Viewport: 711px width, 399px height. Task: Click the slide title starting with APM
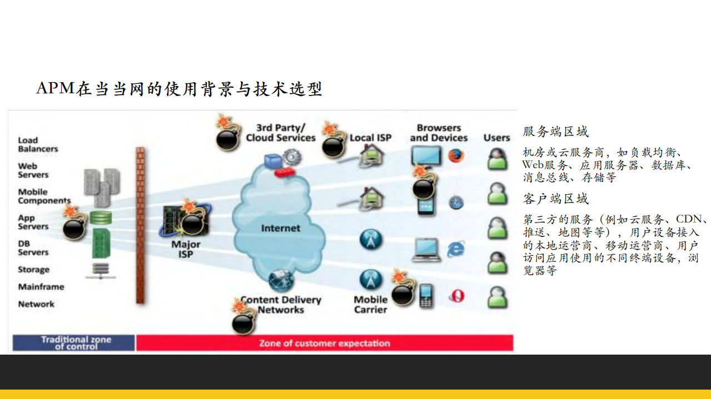point(179,88)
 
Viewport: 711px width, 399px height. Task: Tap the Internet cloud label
point(280,228)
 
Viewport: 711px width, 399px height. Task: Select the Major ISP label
point(186,249)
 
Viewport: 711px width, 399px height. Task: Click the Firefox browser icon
point(456,156)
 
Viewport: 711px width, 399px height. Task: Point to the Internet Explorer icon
point(456,249)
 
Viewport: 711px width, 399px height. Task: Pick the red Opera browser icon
point(456,296)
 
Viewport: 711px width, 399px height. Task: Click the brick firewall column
point(140,225)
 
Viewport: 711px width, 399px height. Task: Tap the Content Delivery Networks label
point(281,305)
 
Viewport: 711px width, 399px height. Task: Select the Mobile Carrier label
point(370,305)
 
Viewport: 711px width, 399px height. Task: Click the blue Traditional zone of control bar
point(74,343)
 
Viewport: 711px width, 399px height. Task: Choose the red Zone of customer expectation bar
point(324,343)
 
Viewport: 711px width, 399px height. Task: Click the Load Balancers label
point(38,144)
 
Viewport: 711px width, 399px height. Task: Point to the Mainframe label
point(41,287)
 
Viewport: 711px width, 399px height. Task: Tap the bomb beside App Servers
point(74,226)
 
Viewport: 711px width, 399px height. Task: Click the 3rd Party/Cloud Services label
point(280,133)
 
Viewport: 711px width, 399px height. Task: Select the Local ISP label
point(370,138)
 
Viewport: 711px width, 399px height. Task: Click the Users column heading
point(496,138)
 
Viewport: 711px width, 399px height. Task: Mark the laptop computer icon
point(426,250)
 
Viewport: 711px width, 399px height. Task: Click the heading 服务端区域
point(555,132)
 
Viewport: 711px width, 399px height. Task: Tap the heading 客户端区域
point(555,199)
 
